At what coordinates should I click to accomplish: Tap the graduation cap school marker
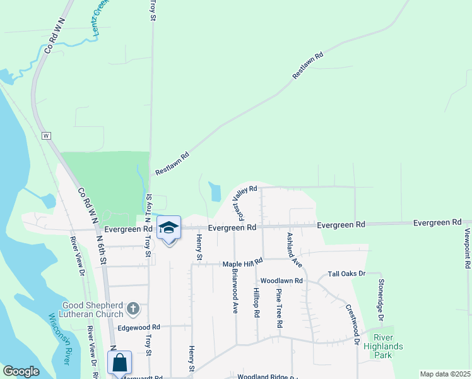coord(168,228)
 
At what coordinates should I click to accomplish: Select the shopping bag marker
coord(119,363)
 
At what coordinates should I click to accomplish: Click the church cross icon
coord(133,309)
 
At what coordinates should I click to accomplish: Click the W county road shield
coord(45,136)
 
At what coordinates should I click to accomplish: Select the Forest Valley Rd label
coord(244,198)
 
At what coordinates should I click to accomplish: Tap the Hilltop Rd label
coord(256,306)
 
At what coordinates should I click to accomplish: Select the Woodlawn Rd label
coord(281,280)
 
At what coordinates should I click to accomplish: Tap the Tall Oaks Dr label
coord(346,274)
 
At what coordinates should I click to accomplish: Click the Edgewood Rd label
coord(139,327)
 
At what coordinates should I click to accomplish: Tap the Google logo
coord(21,371)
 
